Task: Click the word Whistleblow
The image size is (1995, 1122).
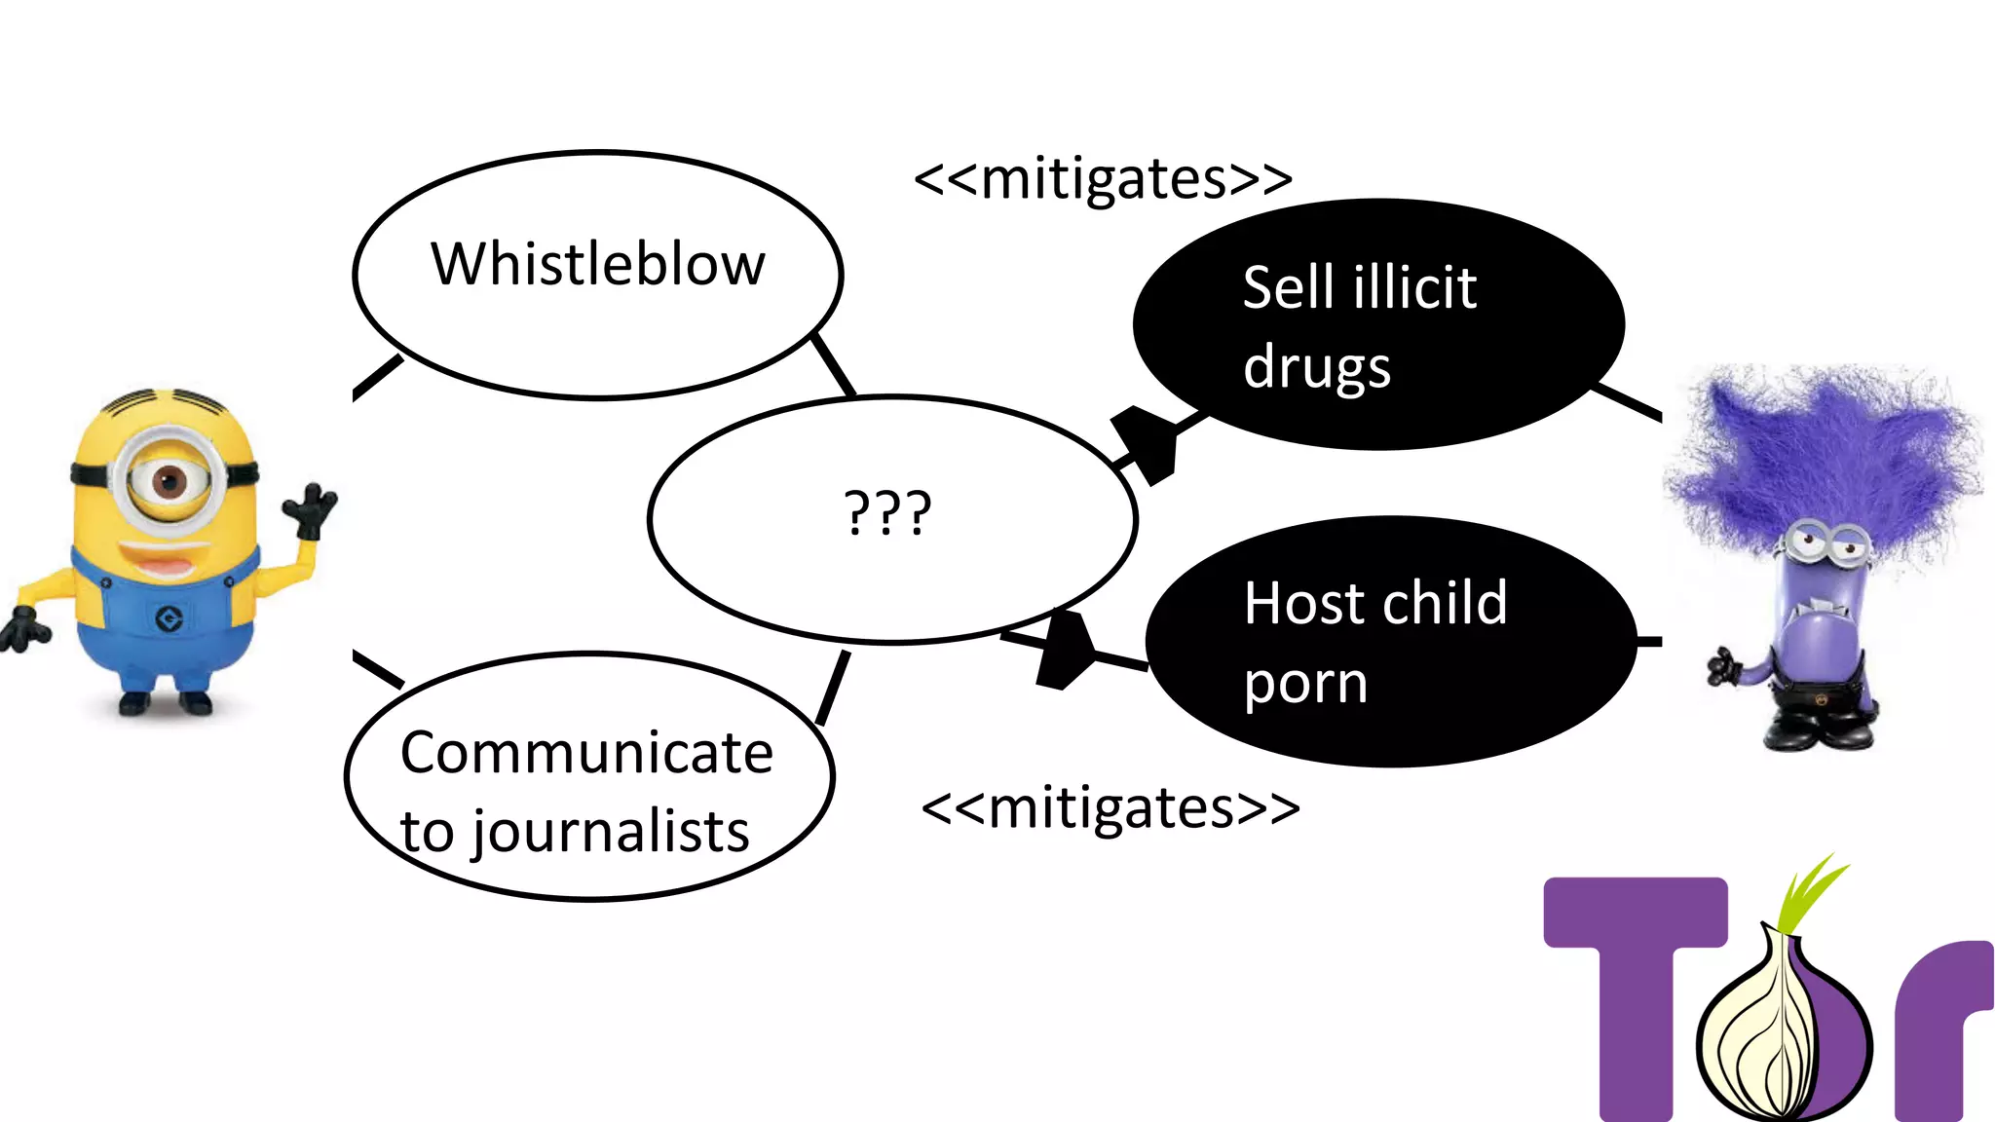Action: (598, 265)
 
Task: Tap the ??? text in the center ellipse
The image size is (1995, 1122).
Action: (887, 513)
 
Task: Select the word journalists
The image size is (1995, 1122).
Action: (612, 833)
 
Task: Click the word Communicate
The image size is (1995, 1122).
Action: (586, 753)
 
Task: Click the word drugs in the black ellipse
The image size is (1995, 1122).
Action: (1317, 368)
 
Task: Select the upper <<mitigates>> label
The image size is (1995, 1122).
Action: (1103, 179)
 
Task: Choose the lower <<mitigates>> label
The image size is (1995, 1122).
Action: (1110, 808)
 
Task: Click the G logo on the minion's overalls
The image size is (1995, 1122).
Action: (169, 618)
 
